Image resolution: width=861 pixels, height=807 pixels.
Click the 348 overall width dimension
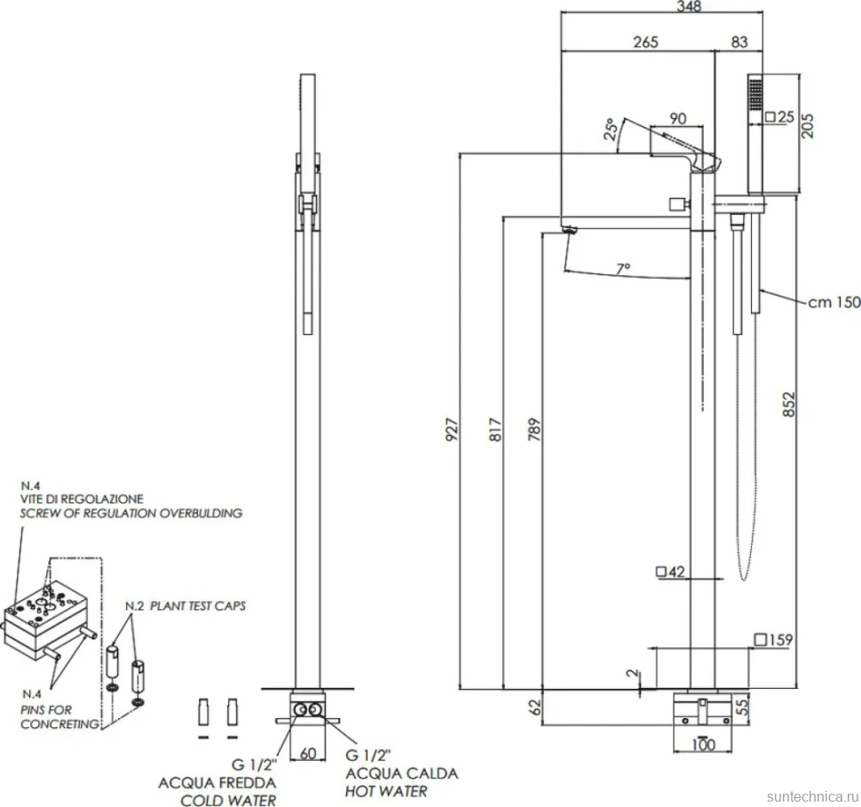click(689, 6)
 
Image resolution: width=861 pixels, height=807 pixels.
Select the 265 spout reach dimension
click(645, 43)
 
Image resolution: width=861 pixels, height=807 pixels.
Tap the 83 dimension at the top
click(739, 43)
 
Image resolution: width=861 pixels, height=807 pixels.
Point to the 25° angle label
click(611, 129)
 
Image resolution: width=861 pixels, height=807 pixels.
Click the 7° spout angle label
click(623, 268)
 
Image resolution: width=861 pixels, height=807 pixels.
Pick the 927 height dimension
click(452, 430)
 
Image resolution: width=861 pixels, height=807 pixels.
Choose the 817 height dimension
click(495, 430)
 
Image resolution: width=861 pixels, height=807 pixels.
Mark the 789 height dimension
click(534, 430)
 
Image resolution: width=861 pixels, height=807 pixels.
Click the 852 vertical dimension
click(788, 404)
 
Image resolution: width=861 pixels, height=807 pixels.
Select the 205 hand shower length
click(808, 125)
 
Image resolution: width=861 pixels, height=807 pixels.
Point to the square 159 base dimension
click(774, 639)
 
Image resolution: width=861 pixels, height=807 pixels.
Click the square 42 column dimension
click(670, 572)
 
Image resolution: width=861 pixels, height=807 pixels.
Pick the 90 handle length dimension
click(678, 119)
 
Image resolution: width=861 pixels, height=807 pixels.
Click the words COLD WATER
click(228, 800)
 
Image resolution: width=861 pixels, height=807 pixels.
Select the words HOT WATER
click(386, 791)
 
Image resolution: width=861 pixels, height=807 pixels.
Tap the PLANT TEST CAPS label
click(198, 606)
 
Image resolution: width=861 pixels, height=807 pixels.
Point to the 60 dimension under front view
click(308, 753)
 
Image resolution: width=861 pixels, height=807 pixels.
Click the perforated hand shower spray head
click(754, 95)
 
